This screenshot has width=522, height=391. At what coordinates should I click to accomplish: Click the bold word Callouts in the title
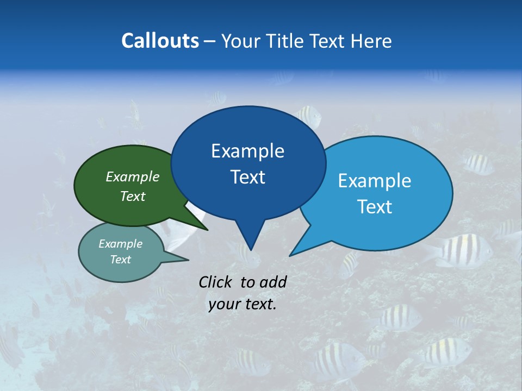[x=160, y=41]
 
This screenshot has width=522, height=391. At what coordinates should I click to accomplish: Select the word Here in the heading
[x=371, y=41]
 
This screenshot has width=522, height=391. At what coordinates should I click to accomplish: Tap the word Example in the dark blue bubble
[x=247, y=151]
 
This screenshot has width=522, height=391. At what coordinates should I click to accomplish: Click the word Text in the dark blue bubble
[x=247, y=177]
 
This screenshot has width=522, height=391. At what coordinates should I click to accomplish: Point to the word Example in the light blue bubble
[x=375, y=181]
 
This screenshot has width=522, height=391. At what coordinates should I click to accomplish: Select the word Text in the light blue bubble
[x=375, y=207]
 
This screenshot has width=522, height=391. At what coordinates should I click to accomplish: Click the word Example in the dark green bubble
[x=132, y=177]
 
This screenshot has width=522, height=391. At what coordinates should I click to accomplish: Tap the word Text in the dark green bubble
[x=132, y=197]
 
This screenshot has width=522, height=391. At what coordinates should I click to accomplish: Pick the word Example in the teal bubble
[x=120, y=244]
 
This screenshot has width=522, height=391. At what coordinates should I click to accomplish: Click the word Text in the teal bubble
[x=120, y=260]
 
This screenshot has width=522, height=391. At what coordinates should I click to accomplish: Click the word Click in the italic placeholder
[x=216, y=282]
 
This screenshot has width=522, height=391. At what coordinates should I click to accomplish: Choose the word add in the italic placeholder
[x=273, y=282]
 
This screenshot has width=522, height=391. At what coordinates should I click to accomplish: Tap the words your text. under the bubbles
[x=243, y=305]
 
